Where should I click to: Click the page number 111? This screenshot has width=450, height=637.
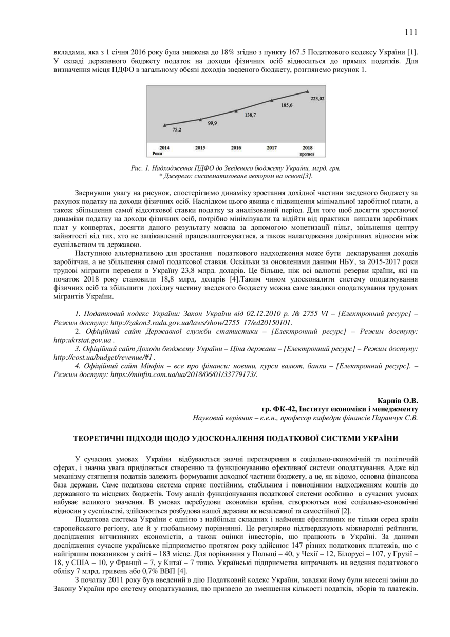coord(410,32)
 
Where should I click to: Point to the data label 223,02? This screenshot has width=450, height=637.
coord(317,98)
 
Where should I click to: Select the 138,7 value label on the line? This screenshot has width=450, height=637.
coord(250,115)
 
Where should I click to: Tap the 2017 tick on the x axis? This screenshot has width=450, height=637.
coord(272,148)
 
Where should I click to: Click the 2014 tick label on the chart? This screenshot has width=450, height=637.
coord(164,148)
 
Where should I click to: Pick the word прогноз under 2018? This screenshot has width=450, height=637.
coord(307,153)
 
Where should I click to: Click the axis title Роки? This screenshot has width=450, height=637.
coord(158,153)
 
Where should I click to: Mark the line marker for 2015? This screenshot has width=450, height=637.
coord(200,119)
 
